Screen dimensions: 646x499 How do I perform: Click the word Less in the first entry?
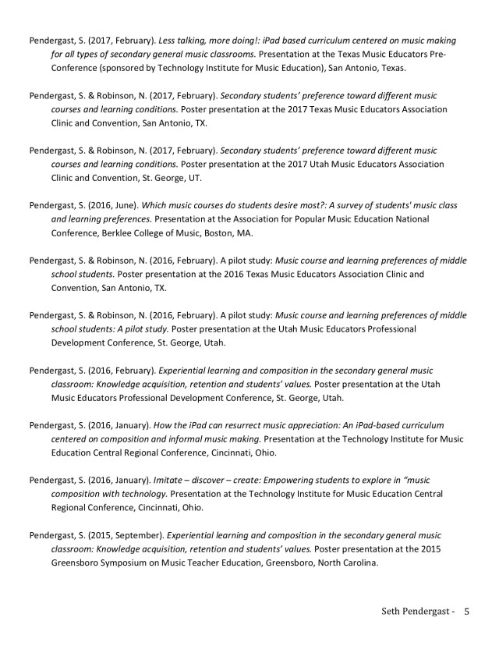coord(169,40)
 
